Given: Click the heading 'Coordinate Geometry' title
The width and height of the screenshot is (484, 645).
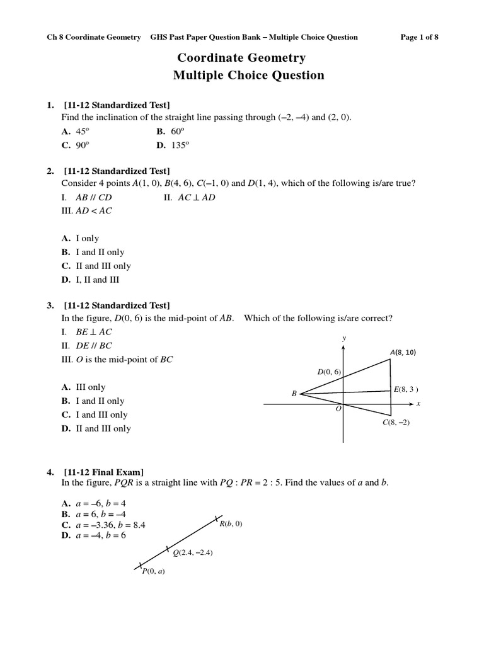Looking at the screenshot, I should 241,58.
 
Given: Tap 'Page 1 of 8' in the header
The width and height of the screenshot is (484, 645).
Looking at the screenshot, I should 419,37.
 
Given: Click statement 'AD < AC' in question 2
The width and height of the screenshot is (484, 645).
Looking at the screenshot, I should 86,211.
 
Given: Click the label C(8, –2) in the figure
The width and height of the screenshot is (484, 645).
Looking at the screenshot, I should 396,423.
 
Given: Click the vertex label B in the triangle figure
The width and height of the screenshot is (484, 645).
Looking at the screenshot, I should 294,394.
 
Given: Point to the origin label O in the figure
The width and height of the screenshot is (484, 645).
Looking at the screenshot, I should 338,409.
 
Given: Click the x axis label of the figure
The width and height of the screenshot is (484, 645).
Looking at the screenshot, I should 418,402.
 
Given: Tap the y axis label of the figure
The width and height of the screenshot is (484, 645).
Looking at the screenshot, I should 344,338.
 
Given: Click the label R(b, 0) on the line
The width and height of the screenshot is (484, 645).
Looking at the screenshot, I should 231,523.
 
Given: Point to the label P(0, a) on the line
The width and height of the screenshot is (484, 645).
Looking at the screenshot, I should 153,571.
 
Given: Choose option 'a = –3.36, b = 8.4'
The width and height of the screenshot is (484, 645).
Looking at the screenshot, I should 104,525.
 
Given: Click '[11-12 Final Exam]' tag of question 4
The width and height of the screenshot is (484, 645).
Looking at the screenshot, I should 103,472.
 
